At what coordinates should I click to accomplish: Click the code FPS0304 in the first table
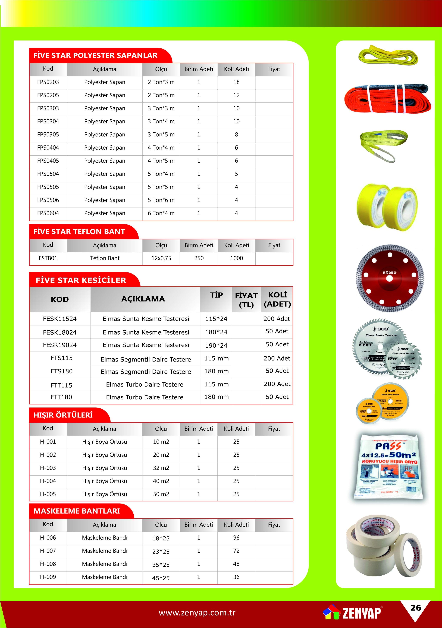(x=48, y=121)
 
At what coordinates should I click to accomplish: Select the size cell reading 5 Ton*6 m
(x=161, y=200)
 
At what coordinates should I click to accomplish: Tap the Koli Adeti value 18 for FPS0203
(x=236, y=82)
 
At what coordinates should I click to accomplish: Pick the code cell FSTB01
(x=48, y=258)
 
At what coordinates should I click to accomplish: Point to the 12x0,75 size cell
(x=161, y=258)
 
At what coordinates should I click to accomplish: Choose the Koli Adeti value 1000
(x=236, y=258)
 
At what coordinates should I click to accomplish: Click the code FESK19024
(x=60, y=345)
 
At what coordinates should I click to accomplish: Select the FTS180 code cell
(x=62, y=371)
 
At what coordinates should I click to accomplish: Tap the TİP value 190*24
(x=216, y=346)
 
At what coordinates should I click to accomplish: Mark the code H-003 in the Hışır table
(x=48, y=468)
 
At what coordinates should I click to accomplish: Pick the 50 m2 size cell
(x=161, y=494)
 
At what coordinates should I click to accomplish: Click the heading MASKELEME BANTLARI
(x=77, y=511)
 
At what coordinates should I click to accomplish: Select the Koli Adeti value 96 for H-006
(x=236, y=538)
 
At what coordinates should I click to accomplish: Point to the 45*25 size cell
(x=161, y=578)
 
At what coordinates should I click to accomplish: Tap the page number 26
(x=415, y=608)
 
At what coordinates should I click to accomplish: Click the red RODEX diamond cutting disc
(x=390, y=278)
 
